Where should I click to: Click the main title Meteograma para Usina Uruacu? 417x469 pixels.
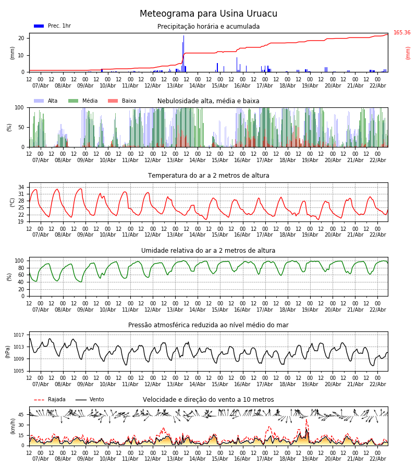click(x=208, y=14)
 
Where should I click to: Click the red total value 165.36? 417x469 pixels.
click(x=402, y=33)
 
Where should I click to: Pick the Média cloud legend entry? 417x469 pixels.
click(x=90, y=101)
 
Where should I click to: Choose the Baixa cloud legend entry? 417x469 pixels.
click(x=129, y=101)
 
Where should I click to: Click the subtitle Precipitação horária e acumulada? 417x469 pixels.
click(x=208, y=27)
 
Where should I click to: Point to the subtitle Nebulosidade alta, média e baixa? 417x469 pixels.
click(x=208, y=101)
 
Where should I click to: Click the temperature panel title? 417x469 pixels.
click(x=208, y=176)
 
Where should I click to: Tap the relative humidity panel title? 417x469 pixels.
click(x=208, y=251)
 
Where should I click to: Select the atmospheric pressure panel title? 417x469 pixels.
click(x=208, y=325)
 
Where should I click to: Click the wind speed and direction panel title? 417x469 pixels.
click(x=208, y=400)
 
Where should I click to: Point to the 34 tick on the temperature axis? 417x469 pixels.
click(x=21, y=187)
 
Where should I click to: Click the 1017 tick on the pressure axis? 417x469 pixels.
click(x=19, y=335)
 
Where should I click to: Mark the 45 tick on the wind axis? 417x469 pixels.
click(x=21, y=415)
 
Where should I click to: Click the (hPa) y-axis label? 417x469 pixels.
click(x=8, y=351)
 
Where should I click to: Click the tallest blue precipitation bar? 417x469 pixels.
click(x=183, y=54)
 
